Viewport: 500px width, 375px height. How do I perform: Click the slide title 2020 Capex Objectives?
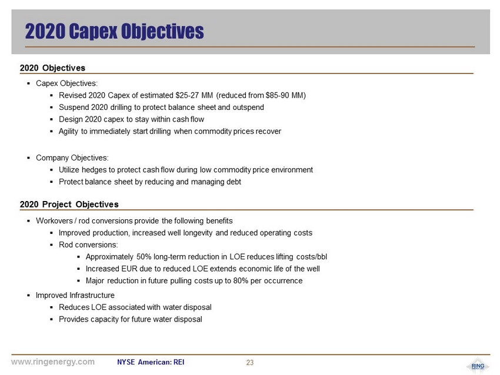click(114, 31)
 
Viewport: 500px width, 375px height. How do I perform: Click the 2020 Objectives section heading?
click(52, 68)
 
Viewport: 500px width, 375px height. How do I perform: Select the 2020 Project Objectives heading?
click(69, 205)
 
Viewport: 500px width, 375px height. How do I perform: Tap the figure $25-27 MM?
click(194, 95)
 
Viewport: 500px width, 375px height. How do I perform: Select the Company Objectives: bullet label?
click(72, 158)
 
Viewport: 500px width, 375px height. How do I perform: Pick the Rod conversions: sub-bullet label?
click(88, 245)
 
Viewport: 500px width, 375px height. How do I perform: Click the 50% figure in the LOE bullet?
click(144, 257)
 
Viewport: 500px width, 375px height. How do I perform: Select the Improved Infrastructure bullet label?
click(75, 295)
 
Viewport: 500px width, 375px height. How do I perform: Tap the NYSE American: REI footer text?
click(151, 362)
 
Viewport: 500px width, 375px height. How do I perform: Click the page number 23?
click(249, 363)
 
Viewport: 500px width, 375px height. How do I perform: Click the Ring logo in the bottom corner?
click(477, 365)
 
